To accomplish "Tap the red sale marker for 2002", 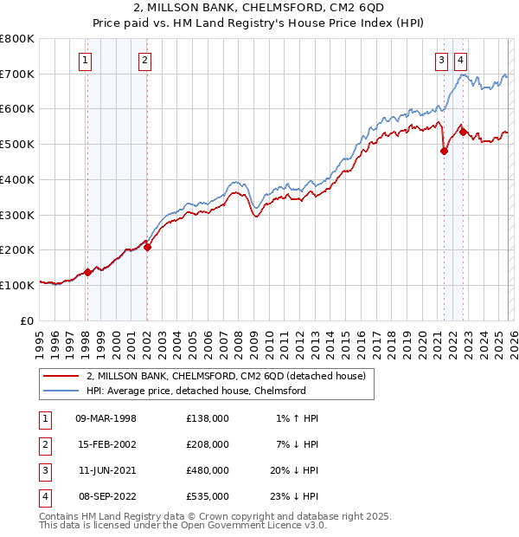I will pos(147,247).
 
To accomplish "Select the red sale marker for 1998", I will pos(87,272).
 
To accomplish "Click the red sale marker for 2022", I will pos(463,132).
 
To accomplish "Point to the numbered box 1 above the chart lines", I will pos(86,60).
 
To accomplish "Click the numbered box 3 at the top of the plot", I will pos(441,60).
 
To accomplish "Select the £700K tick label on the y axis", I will pos(16,74).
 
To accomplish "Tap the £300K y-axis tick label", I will pos(16,214).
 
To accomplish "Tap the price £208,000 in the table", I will pos(208,444).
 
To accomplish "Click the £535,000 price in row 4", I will pos(208,496).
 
